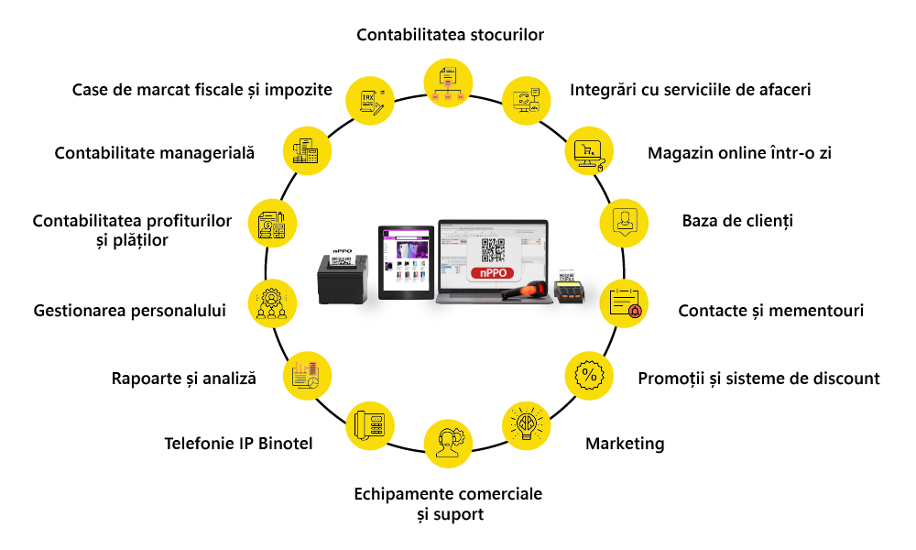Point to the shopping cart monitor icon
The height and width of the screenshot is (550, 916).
[x=587, y=151]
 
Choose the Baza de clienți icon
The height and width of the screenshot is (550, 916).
[x=624, y=221]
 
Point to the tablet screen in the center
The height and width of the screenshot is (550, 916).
[x=405, y=259]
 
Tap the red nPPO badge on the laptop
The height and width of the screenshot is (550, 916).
[x=493, y=272]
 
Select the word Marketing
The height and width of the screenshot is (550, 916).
[x=625, y=444]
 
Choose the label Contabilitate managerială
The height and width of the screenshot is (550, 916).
[x=154, y=153]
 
